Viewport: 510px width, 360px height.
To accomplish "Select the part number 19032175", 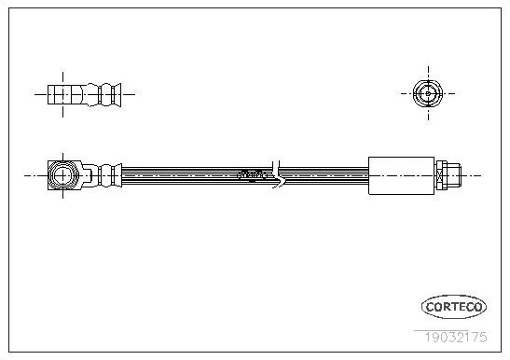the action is tap(455, 327).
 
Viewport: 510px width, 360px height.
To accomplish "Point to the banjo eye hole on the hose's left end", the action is tap(63, 174).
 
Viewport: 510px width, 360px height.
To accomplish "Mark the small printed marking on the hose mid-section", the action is tap(253, 173).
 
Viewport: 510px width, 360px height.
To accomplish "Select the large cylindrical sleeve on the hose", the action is tap(402, 174).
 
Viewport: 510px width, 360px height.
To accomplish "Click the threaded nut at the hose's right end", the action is tap(451, 174).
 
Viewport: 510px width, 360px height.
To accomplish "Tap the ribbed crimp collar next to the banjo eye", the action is tap(109, 174).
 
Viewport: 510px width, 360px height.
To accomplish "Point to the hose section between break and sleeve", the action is tap(324, 174).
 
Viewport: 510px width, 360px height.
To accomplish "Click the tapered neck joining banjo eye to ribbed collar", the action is tap(89, 174).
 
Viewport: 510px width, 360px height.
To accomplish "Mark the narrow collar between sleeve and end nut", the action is tap(438, 174).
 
